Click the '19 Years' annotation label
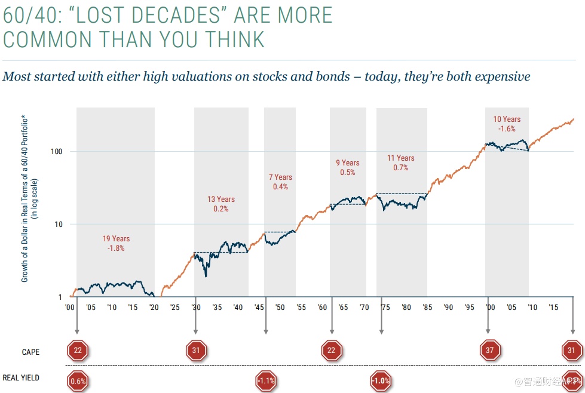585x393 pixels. point(116,239)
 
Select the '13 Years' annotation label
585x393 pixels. point(221,199)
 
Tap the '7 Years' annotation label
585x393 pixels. point(280,177)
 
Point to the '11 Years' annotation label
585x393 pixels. point(401,158)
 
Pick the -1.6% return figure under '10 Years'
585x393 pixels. point(507,128)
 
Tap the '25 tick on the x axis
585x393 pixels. point(174,308)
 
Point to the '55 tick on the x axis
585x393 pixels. point(301,308)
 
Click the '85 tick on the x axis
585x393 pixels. point(427,308)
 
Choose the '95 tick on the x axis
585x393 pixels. point(470,308)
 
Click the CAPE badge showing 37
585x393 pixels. point(490,351)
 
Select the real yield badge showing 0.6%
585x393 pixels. point(78,380)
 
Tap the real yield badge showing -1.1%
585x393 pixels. point(265,380)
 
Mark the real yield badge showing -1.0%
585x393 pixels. point(381,380)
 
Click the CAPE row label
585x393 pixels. point(30,352)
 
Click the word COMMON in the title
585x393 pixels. point(47,39)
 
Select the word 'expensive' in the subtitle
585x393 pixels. point(500,76)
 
